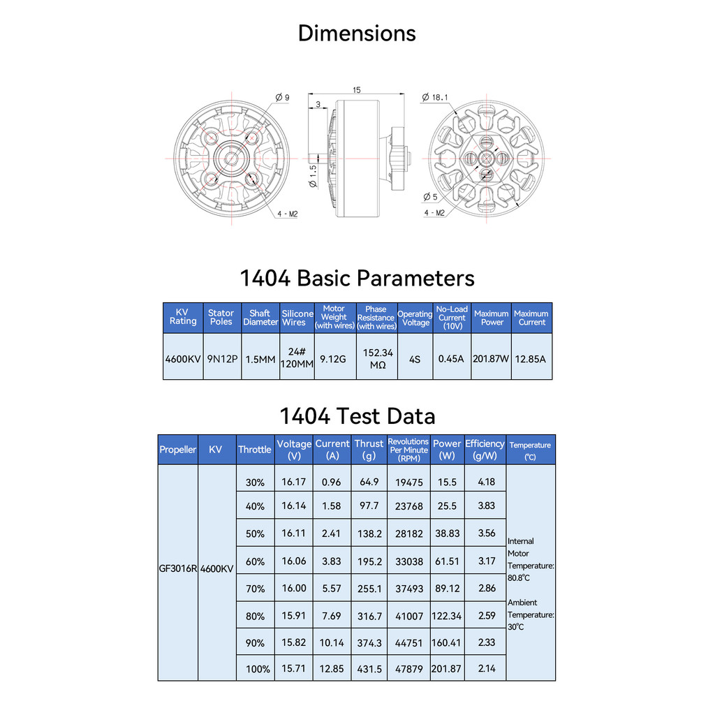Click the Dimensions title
click(357, 34)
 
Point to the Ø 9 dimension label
click(282, 97)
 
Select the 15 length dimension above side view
click(357, 90)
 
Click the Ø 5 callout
click(430, 196)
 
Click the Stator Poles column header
click(221, 318)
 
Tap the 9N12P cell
click(222, 359)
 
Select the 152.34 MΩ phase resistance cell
click(376, 359)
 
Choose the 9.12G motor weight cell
click(333, 359)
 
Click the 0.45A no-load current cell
click(451, 359)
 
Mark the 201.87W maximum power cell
click(492, 359)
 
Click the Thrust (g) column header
click(369, 449)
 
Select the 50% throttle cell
click(256, 533)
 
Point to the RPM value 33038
click(408, 561)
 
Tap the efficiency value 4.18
click(487, 482)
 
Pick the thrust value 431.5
click(369, 668)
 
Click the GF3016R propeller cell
click(178, 568)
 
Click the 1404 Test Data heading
click(357, 416)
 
